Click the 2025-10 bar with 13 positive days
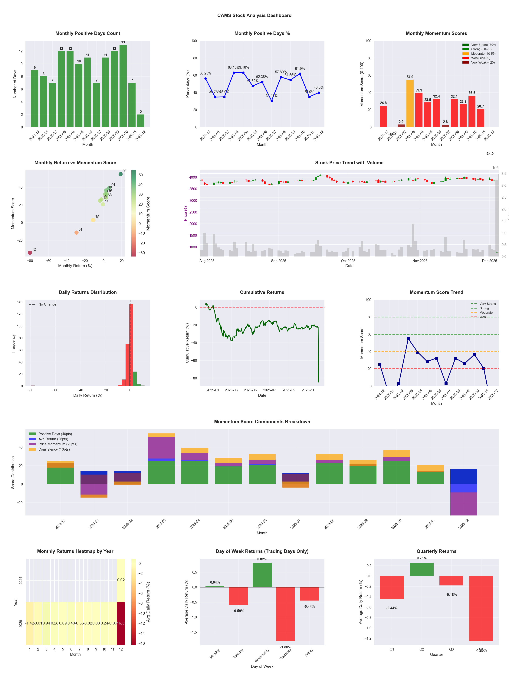123,86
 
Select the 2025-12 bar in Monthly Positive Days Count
141,121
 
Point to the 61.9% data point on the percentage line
300,74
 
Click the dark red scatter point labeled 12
30,253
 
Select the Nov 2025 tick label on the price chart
420,261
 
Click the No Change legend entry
47,304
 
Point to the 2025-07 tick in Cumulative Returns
269,390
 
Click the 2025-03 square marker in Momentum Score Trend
408,339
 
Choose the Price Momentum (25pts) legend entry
58,444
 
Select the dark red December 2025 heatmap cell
121,623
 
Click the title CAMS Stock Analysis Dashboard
254,15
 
